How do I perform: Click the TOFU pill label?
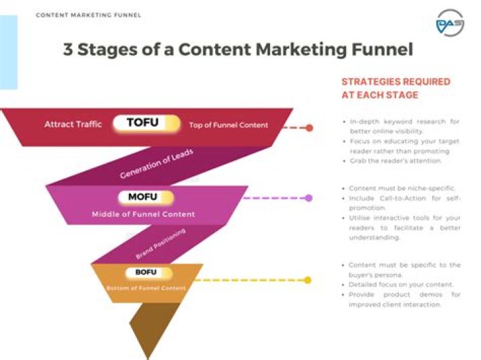tap(146, 124)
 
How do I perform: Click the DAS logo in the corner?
tap(450, 25)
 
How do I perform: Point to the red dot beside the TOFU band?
tap(309, 128)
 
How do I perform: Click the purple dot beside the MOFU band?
tap(309, 198)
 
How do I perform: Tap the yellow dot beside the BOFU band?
tap(307, 280)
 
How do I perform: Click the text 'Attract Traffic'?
tap(73, 124)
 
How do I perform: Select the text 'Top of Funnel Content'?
tap(228, 125)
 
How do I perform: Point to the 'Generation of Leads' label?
tap(156, 164)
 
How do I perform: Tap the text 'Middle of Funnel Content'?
tap(143, 214)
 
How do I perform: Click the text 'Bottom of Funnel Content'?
tap(146, 288)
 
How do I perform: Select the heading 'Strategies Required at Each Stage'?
tap(395, 88)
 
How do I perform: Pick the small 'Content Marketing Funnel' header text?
tap(88, 15)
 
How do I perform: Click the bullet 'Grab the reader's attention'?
tap(396, 161)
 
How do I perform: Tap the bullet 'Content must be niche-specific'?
tap(402, 189)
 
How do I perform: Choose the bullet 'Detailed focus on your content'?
tap(401, 285)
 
